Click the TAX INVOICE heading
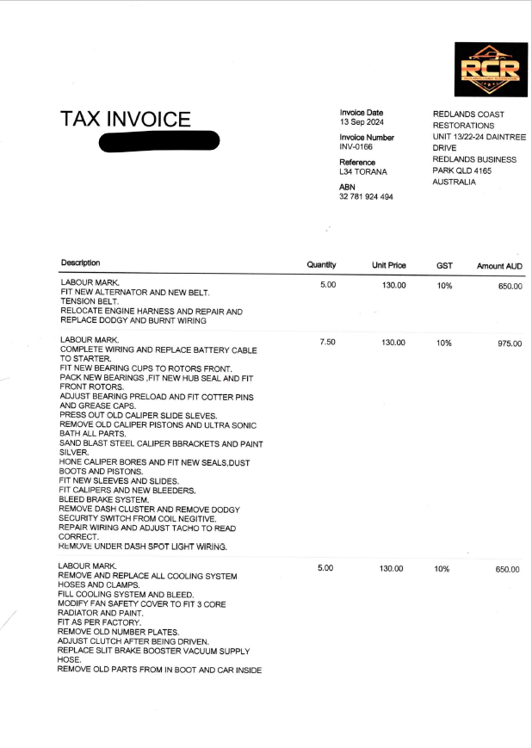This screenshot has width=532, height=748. (125, 120)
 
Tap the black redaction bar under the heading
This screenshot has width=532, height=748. (159, 142)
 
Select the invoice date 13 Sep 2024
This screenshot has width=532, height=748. (362, 122)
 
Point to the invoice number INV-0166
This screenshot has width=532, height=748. (356, 147)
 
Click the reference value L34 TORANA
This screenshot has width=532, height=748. (363, 172)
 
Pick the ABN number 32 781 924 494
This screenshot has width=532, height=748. (366, 197)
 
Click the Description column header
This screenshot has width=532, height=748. (80, 263)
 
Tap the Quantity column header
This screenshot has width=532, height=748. (321, 265)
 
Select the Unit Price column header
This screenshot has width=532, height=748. (388, 265)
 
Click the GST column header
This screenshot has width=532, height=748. (444, 266)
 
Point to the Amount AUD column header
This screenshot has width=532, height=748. (499, 266)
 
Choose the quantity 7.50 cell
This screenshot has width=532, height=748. (327, 343)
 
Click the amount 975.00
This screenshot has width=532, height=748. (510, 343)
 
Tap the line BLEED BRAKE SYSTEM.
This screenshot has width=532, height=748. (104, 499)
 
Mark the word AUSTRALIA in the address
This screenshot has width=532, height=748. (454, 182)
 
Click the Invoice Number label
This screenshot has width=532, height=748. (367, 138)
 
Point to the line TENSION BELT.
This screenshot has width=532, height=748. (90, 302)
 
